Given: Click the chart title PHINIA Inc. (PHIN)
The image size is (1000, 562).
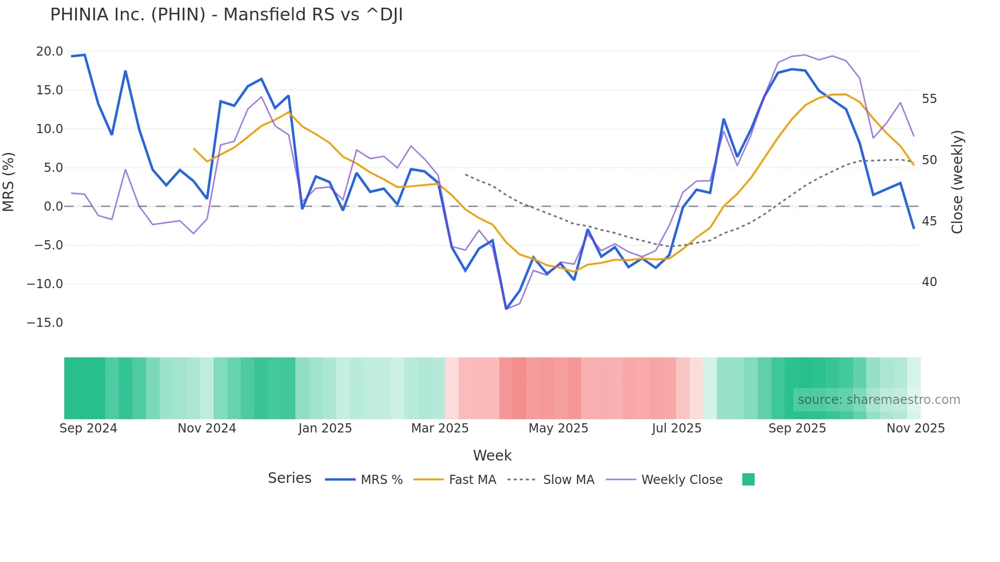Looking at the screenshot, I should pyautogui.click(x=226, y=15).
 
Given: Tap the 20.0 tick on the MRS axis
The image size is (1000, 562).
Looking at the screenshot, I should pyautogui.click(x=49, y=52).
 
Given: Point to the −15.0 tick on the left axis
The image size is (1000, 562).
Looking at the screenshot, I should pyautogui.click(x=45, y=323).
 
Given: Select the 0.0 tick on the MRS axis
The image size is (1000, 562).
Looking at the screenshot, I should pyautogui.click(x=53, y=207).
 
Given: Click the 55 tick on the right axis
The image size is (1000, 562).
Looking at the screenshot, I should pyautogui.click(x=929, y=99).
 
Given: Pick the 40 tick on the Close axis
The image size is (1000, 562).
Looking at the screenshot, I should pyautogui.click(x=929, y=282).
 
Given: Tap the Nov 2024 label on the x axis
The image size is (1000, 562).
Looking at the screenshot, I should pyautogui.click(x=207, y=428).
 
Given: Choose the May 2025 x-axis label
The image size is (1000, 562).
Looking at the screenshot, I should pyautogui.click(x=558, y=428).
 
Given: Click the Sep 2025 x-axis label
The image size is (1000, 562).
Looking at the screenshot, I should pyautogui.click(x=797, y=428).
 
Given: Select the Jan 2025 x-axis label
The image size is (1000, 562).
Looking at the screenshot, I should pyautogui.click(x=325, y=428).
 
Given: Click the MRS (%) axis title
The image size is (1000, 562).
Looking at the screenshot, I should pyautogui.click(x=9, y=182).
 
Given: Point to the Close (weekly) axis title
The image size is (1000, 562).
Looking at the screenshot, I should pyautogui.click(x=957, y=182).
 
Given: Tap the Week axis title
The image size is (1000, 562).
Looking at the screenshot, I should pyautogui.click(x=492, y=455).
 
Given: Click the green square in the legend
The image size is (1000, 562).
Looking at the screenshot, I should pyautogui.click(x=748, y=479).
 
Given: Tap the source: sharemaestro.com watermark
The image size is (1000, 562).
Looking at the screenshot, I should pyautogui.click(x=879, y=400).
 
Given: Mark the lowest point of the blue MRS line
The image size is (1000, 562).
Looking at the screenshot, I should pyautogui.click(x=506, y=309).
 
